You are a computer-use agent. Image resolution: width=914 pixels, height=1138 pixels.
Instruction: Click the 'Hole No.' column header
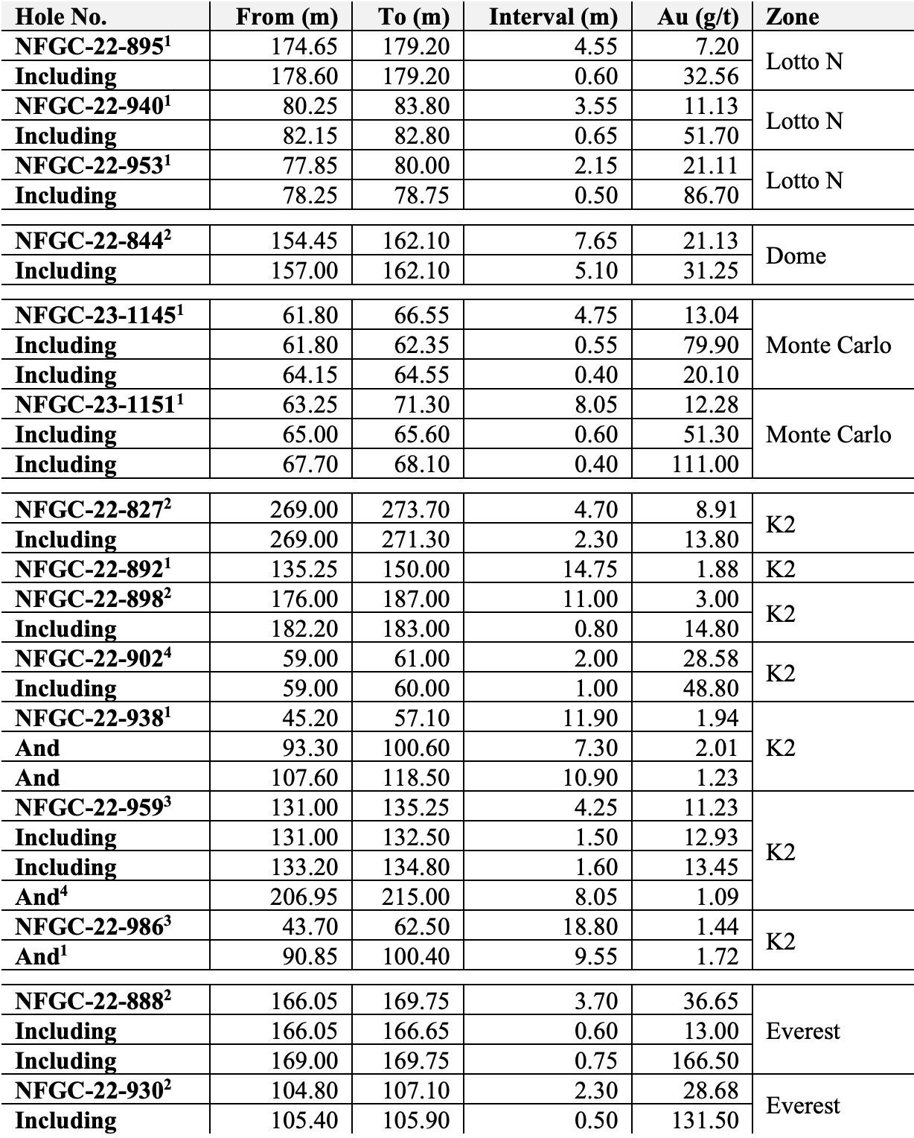61,16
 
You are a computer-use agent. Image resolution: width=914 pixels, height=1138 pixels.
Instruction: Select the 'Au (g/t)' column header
698,16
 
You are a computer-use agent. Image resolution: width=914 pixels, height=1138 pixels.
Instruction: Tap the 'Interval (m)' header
553,16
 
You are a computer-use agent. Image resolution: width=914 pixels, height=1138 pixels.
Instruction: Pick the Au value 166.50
705,1061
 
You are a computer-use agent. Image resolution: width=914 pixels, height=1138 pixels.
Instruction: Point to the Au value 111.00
705,464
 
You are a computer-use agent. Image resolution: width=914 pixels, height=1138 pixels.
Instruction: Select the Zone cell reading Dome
796,255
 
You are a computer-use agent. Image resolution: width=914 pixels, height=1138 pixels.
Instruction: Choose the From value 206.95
304,897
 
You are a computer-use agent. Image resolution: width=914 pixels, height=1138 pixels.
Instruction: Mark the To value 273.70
416,509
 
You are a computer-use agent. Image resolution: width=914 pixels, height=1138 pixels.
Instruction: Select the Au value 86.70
711,195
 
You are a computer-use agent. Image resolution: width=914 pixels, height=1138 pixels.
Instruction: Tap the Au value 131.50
705,1120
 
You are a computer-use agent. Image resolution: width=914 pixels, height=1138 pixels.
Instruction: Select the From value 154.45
304,241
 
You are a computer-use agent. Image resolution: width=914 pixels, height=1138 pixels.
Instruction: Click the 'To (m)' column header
413,16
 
